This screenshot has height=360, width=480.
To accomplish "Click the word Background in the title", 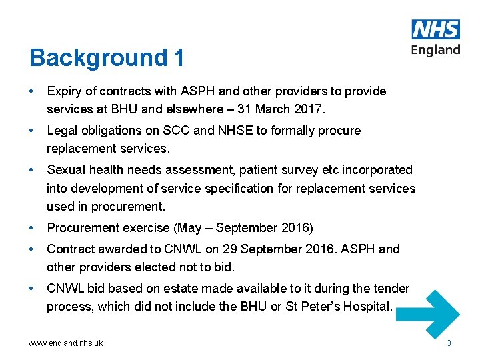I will point(98,58).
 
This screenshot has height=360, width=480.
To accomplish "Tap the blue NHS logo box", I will point(436,29).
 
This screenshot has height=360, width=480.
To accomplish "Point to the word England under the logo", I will point(436,50).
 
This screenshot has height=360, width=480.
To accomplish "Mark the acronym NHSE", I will point(237,131).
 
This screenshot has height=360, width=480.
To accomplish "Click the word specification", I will point(239,189).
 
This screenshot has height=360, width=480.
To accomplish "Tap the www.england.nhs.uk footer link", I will point(66,343).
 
